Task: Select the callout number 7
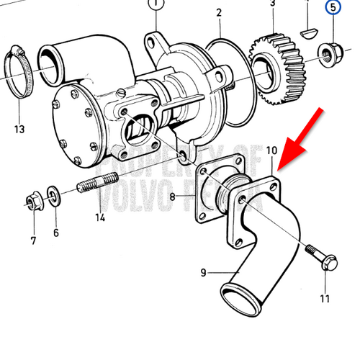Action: [33, 239]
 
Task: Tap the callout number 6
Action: [55, 233]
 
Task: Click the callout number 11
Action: [325, 298]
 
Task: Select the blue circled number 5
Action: [333, 9]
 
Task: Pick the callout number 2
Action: [220, 12]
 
